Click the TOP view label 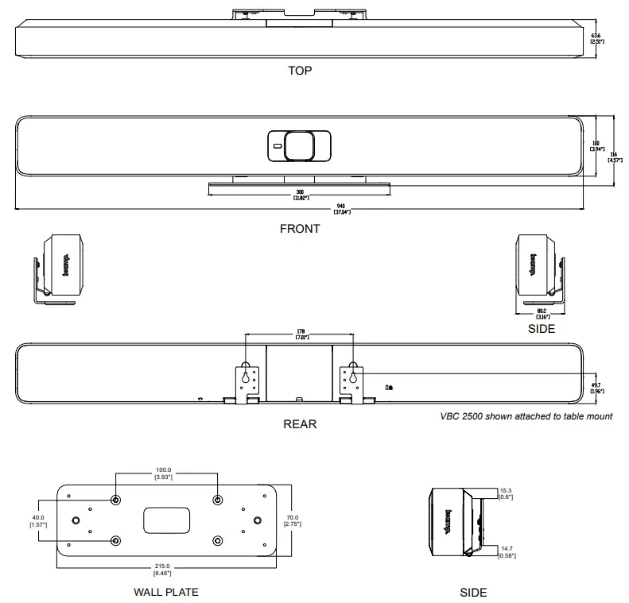pos(300,71)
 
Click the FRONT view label pos(300,229)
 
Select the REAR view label pos(300,424)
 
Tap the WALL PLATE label pos(166,592)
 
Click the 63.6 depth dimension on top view pos(596,37)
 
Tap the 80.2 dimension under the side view pos(540,313)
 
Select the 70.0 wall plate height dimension pos(294,521)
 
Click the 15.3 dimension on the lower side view pos(506,493)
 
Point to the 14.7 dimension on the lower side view pos(506,551)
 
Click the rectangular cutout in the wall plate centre pos(166,521)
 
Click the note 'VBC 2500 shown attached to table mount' pos(526,416)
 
